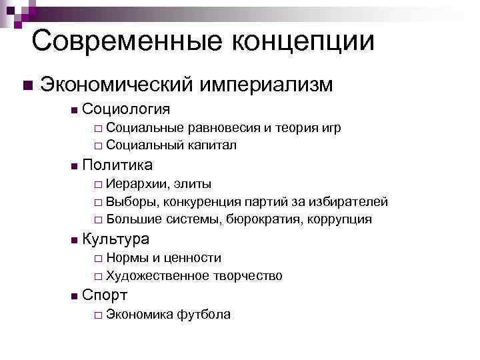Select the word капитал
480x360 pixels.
pyautogui.click(x=213, y=145)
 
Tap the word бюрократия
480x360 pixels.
pyautogui.click(x=264, y=219)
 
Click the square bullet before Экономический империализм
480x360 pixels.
pyautogui.click(x=26, y=86)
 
